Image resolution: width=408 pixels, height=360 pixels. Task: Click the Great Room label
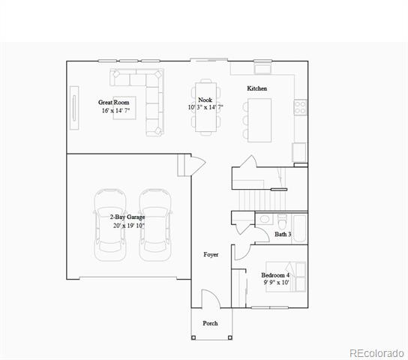pos(114,102)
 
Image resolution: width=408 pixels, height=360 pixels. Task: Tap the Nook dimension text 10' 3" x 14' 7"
pos(205,107)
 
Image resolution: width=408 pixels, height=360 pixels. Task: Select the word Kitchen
pos(256,88)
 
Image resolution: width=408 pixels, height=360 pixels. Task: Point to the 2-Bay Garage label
pos(127,217)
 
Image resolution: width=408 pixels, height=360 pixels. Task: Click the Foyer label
pos(211,254)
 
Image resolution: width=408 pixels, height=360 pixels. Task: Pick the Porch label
pos(210,323)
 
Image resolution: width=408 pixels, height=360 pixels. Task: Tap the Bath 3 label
pos(283,234)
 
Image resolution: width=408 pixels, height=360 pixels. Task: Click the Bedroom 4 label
pos(275,275)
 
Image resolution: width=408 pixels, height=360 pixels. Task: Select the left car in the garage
pos(110,225)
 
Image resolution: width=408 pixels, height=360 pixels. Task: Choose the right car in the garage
pos(155,225)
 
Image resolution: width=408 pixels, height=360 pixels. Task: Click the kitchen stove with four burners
pos(300,107)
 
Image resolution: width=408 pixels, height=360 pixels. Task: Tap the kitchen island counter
pos(259,120)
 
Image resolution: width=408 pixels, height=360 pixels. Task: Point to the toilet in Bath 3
pos(282,221)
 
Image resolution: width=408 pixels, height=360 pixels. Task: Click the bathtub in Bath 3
pos(300,229)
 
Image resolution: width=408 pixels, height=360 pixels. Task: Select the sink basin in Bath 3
pos(265,219)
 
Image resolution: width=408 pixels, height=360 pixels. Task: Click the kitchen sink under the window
pos(262,69)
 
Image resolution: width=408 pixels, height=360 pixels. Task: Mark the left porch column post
pos(193,337)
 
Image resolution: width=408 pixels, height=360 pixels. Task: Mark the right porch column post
pos(230,337)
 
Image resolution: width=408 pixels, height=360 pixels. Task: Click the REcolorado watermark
pos(376,353)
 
